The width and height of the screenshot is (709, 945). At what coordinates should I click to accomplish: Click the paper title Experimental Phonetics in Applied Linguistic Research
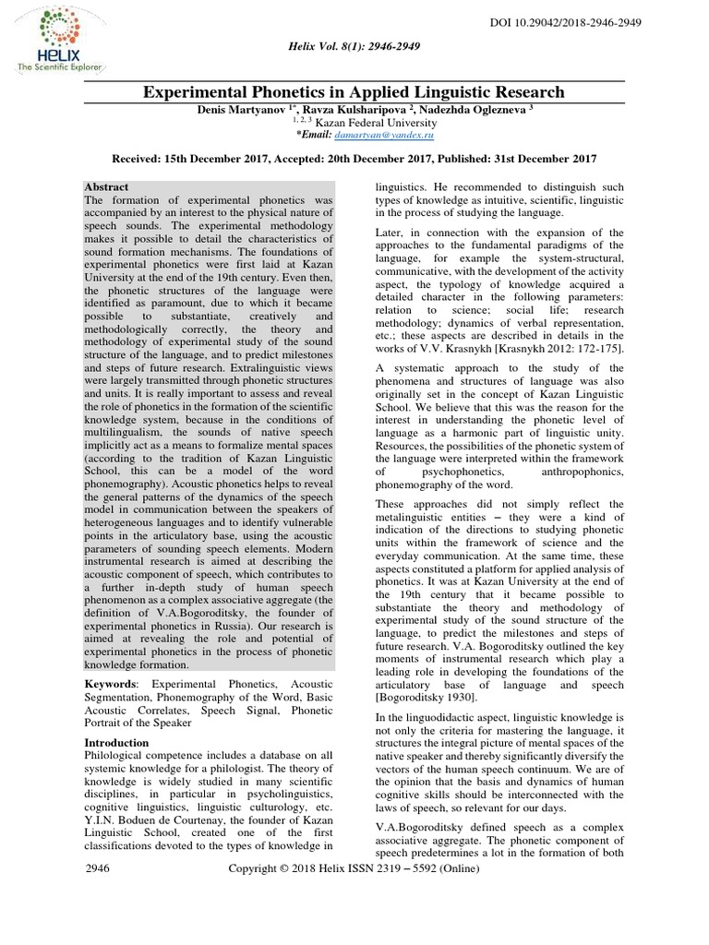[353, 91]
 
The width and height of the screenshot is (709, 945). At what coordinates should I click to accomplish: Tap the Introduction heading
[116, 742]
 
